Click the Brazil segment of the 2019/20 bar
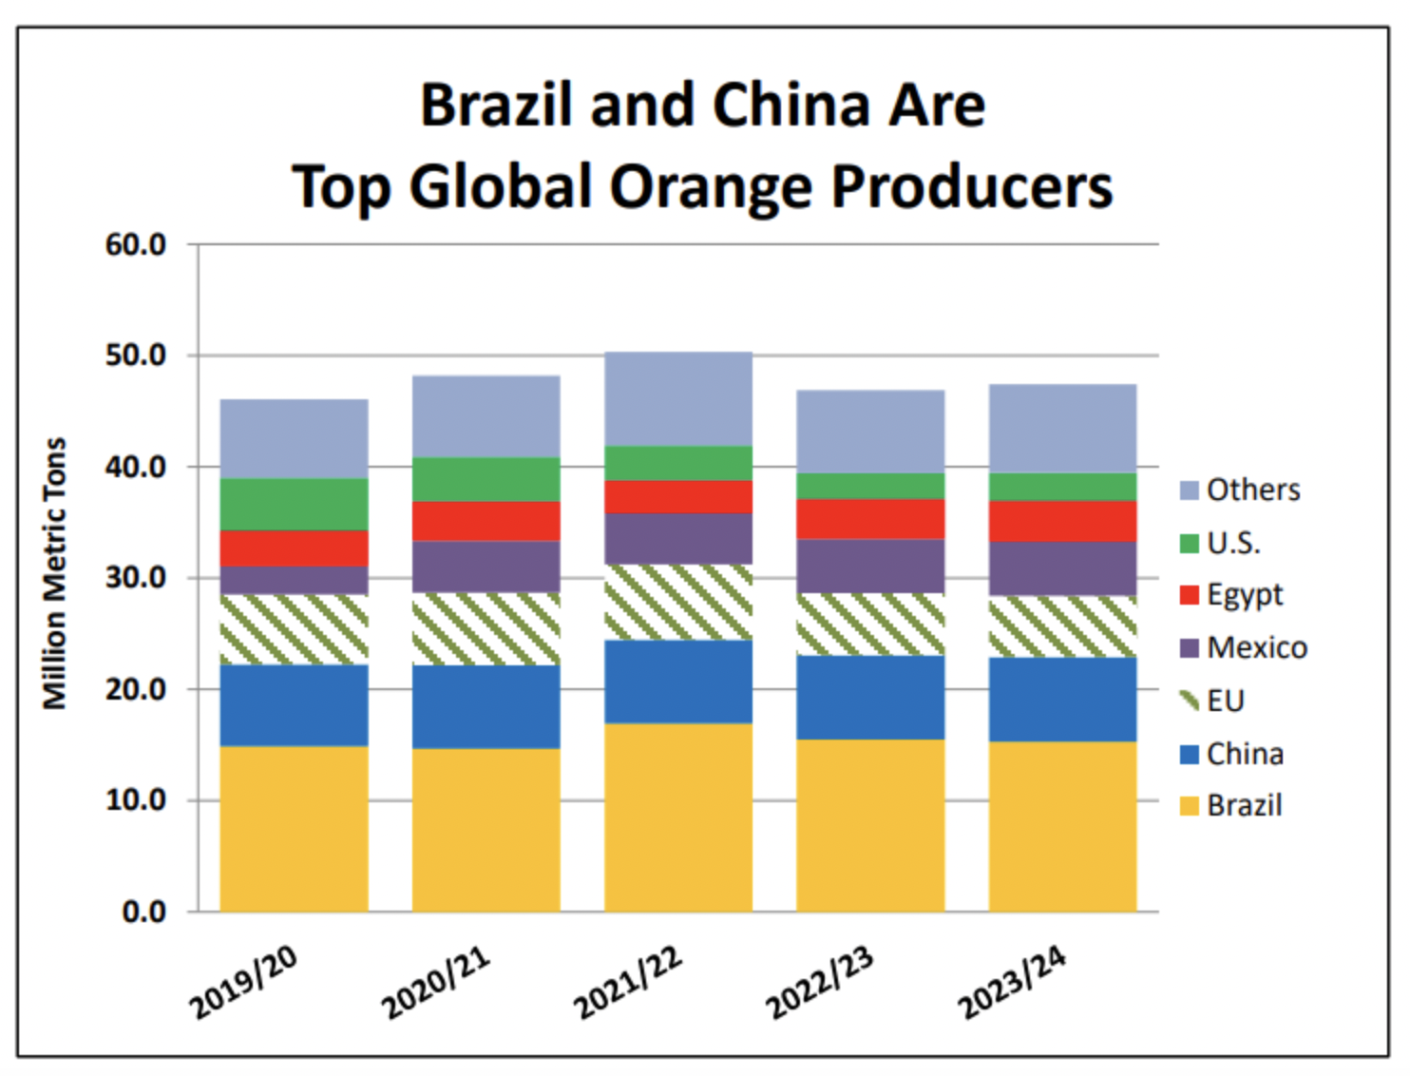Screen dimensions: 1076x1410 pos(294,828)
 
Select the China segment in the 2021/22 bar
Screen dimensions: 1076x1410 pos(678,682)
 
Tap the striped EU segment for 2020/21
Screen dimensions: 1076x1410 pos(486,628)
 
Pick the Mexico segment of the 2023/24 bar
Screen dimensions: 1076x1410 pos(1062,568)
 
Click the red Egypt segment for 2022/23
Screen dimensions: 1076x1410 pos(870,519)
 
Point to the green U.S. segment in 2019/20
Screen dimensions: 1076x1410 pos(294,504)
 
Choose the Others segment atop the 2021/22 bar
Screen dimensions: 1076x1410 pos(678,398)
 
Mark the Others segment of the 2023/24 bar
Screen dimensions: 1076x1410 pos(1062,428)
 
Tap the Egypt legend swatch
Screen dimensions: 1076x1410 pos(1190,595)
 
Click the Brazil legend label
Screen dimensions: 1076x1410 pos(1244,805)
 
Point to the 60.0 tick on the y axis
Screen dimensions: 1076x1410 pos(136,244)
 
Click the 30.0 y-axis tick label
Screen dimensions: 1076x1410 pos(136,577)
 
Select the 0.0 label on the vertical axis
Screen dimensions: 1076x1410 pos(143,912)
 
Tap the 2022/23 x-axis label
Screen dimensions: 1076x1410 pos(820,983)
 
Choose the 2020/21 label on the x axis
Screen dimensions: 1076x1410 pos(436,983)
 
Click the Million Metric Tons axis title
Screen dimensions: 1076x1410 pos(55,573)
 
